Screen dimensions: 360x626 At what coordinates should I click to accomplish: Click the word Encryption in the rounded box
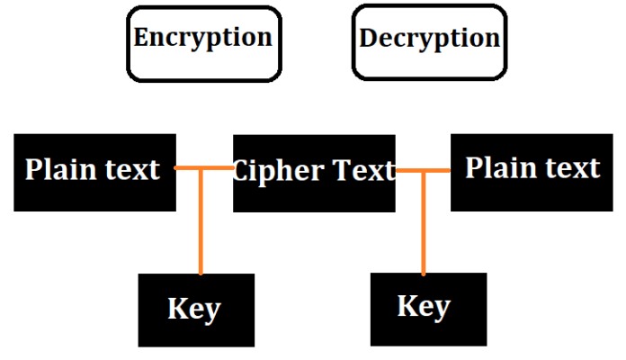point(202,38)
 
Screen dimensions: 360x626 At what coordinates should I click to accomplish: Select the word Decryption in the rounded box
point(429,39)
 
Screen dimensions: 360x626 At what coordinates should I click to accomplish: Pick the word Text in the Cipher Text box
point(362,170)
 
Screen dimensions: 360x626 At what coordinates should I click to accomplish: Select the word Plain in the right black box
point(498,168)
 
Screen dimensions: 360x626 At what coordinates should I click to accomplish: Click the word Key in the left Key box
point(193,309)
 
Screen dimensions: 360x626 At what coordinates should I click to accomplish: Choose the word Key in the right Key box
point(424,306)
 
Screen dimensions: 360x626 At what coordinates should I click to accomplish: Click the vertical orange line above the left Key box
point(200,225)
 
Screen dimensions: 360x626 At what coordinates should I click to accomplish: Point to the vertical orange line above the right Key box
point(423,225)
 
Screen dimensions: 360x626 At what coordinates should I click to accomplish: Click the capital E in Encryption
point(142,38)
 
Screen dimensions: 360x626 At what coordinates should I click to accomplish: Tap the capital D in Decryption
point(368,39)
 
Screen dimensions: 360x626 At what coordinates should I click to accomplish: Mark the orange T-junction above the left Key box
point(200,168)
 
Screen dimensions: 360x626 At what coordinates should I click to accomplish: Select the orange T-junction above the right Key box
point(423,169)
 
